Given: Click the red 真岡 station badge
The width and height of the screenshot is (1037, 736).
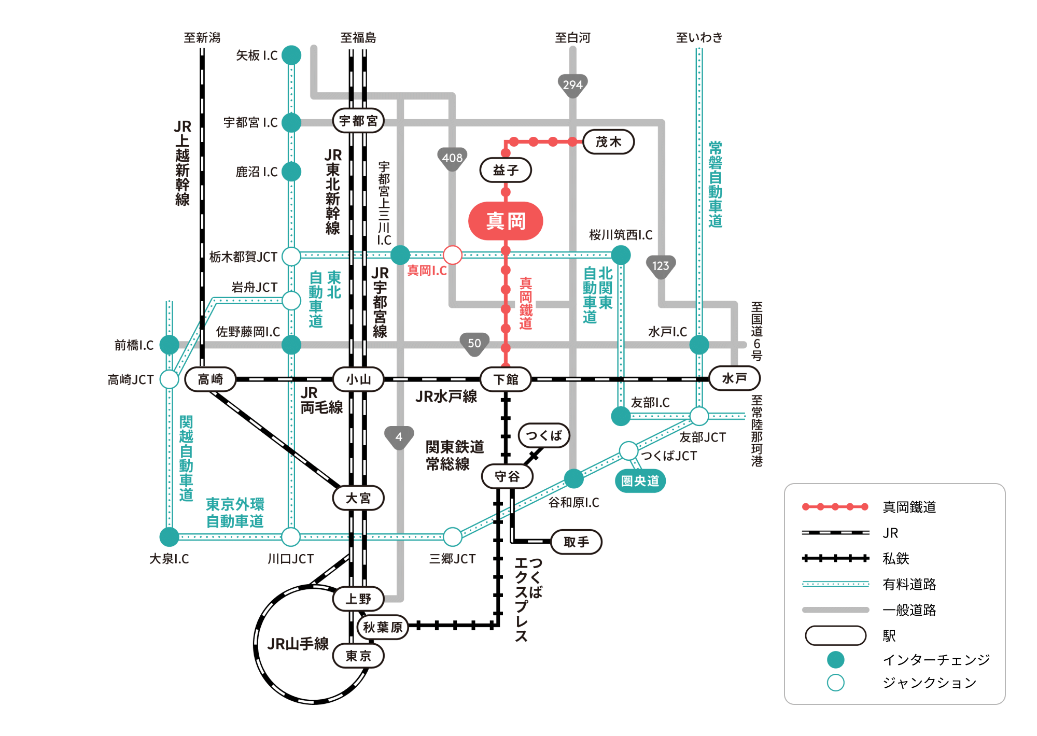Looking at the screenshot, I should point(506,221).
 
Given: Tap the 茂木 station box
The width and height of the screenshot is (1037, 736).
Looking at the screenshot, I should point(609,142).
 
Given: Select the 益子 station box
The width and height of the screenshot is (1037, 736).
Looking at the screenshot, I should point(506,170).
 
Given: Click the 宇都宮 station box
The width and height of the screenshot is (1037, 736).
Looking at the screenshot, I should point(358,121).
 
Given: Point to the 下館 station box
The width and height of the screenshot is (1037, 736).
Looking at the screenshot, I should point(506,379).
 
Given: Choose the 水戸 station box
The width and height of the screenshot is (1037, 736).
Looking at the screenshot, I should point(734,378).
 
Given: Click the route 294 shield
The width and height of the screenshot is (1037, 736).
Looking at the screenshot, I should point(572,85).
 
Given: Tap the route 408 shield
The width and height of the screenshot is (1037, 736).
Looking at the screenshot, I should point(452,158).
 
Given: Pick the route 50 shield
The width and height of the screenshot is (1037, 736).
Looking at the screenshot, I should point(474,344).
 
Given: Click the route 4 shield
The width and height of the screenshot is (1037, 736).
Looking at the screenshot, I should point(399,437).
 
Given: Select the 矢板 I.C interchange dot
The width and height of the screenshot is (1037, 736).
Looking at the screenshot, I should point(291,55).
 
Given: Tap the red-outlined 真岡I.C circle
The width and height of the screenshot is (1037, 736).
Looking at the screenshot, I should point(453,255).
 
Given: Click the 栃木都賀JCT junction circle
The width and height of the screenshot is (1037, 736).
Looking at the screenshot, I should point(291,256).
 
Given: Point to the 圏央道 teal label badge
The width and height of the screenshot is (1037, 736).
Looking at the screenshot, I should point(640,481).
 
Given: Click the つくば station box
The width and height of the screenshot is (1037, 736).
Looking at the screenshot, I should point(544,435).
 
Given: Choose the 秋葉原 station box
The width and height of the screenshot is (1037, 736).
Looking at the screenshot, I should point(383,627).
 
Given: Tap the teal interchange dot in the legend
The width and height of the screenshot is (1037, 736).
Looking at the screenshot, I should point(835,660).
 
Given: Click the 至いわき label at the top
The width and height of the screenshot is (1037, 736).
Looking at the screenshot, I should point(699,37).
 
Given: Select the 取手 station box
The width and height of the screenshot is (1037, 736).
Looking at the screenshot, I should point(576,542).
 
